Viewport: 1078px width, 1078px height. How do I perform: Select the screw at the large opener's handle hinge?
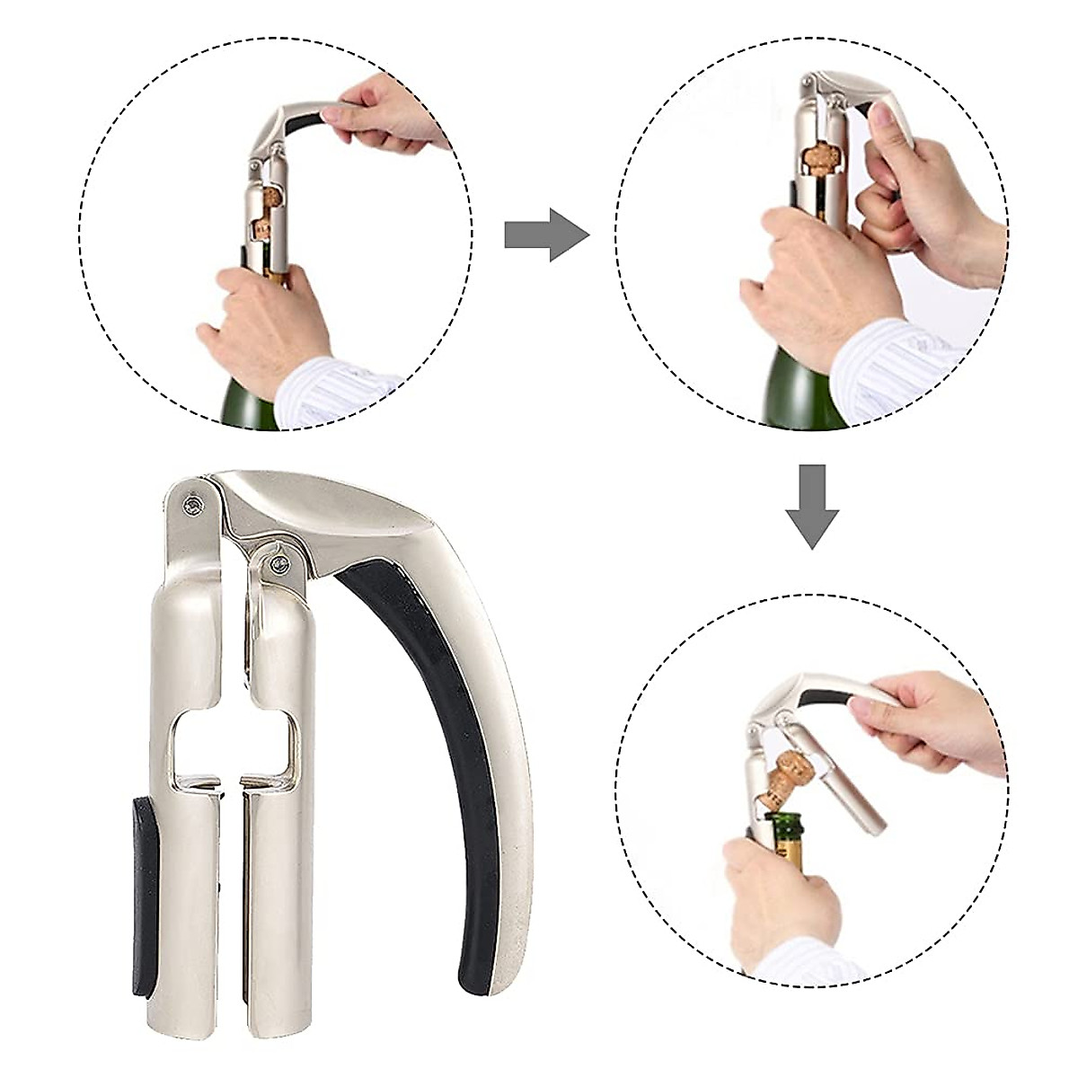(278, 565)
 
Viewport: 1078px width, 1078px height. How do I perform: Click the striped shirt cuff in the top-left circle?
(332, 386)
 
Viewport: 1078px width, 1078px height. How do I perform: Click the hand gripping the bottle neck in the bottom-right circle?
(773, 898)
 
